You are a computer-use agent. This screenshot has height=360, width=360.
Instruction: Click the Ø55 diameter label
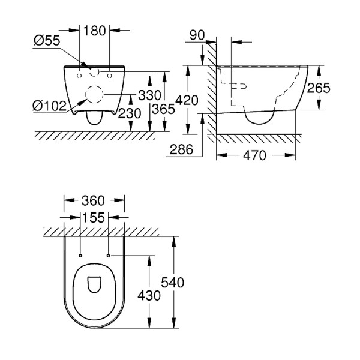[47, 40]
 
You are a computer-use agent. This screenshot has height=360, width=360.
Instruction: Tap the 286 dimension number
[181, 149]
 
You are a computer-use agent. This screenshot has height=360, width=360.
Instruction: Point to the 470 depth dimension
[254, 155]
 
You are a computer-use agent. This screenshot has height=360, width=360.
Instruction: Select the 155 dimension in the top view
[93, 217]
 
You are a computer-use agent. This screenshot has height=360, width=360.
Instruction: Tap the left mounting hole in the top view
[79, 256]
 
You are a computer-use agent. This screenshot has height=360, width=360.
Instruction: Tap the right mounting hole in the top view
[107, 256]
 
